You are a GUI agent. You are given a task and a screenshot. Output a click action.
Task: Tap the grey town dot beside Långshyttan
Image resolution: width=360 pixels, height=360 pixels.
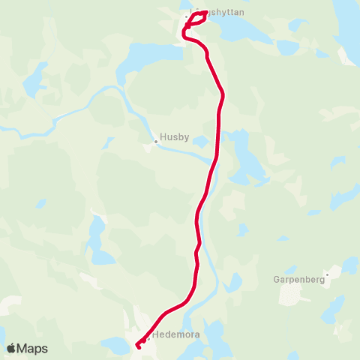click(x=187, y=15)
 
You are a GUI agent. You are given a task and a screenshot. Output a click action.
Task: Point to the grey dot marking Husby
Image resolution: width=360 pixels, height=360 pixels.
click(x=156, y=140)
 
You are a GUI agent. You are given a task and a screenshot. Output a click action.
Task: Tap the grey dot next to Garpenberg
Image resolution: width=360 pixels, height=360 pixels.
click(x=327, y=274)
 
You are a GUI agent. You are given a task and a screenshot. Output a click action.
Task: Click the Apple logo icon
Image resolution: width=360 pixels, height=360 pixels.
click(x=12, y=348)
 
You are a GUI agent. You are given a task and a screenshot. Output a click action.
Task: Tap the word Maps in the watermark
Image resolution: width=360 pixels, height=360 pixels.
click(x=33, y=349)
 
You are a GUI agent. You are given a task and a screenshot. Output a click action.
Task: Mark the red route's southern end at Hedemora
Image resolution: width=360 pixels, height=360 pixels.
click(x=139, y=346)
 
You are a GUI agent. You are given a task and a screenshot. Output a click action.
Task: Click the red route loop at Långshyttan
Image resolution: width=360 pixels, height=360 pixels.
click(x=193, y=19)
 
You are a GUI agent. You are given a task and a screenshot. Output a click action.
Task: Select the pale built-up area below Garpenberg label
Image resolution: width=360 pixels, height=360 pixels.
click(x=296, y=294)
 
